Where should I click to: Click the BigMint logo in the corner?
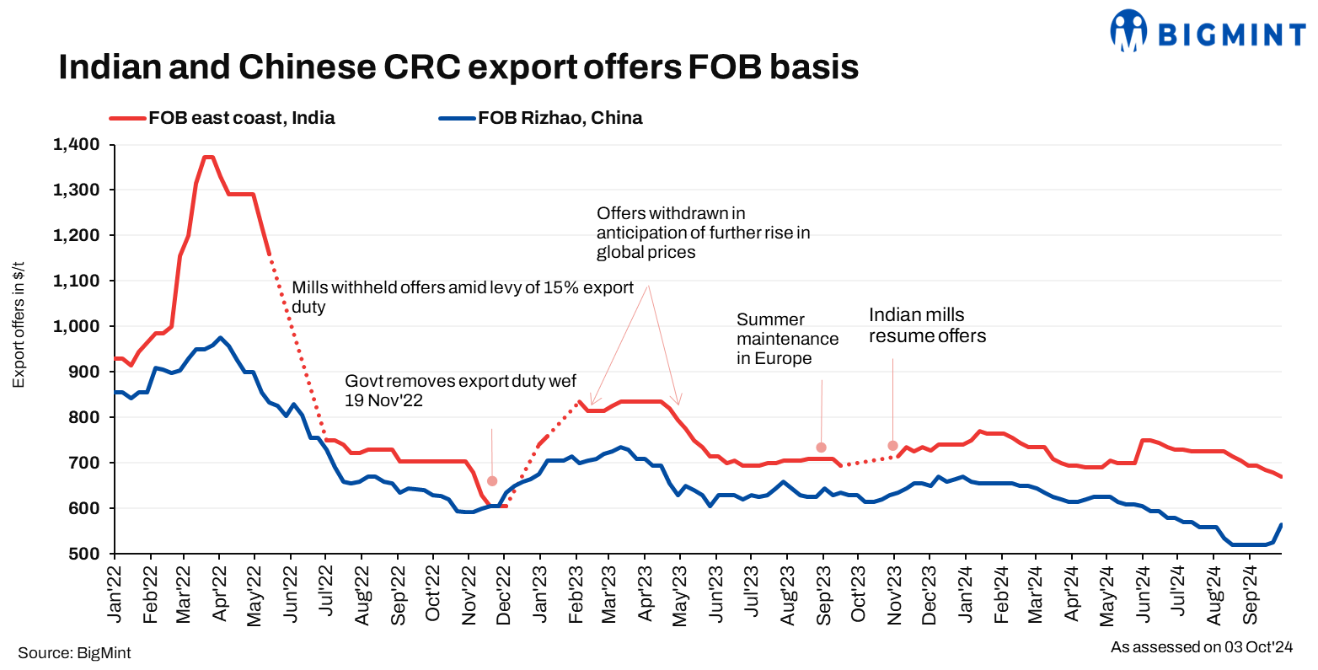click(x=1207, y=32)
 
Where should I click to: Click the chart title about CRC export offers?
click(x=458, y=67)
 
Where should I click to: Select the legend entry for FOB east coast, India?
click(x=223, y=118)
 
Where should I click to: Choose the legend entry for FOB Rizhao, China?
click(x=541, y=118)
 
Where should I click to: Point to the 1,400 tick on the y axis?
click(x=76, y=145)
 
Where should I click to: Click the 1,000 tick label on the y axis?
click(x=76, y=326)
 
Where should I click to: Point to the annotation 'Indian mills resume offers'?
click(x=927, y=325)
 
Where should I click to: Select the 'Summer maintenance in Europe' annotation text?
click(x=787, y=339)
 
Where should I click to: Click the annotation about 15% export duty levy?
click(x=462, y=297)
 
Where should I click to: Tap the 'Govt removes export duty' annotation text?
click(x=460, y=391)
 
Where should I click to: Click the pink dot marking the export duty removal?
click(x=492, y=481)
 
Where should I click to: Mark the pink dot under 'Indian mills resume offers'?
click(x=892, y=446)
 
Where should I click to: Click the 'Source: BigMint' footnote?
click(x=74, y=653)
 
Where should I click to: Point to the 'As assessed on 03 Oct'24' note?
click(x=1201, y=647)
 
